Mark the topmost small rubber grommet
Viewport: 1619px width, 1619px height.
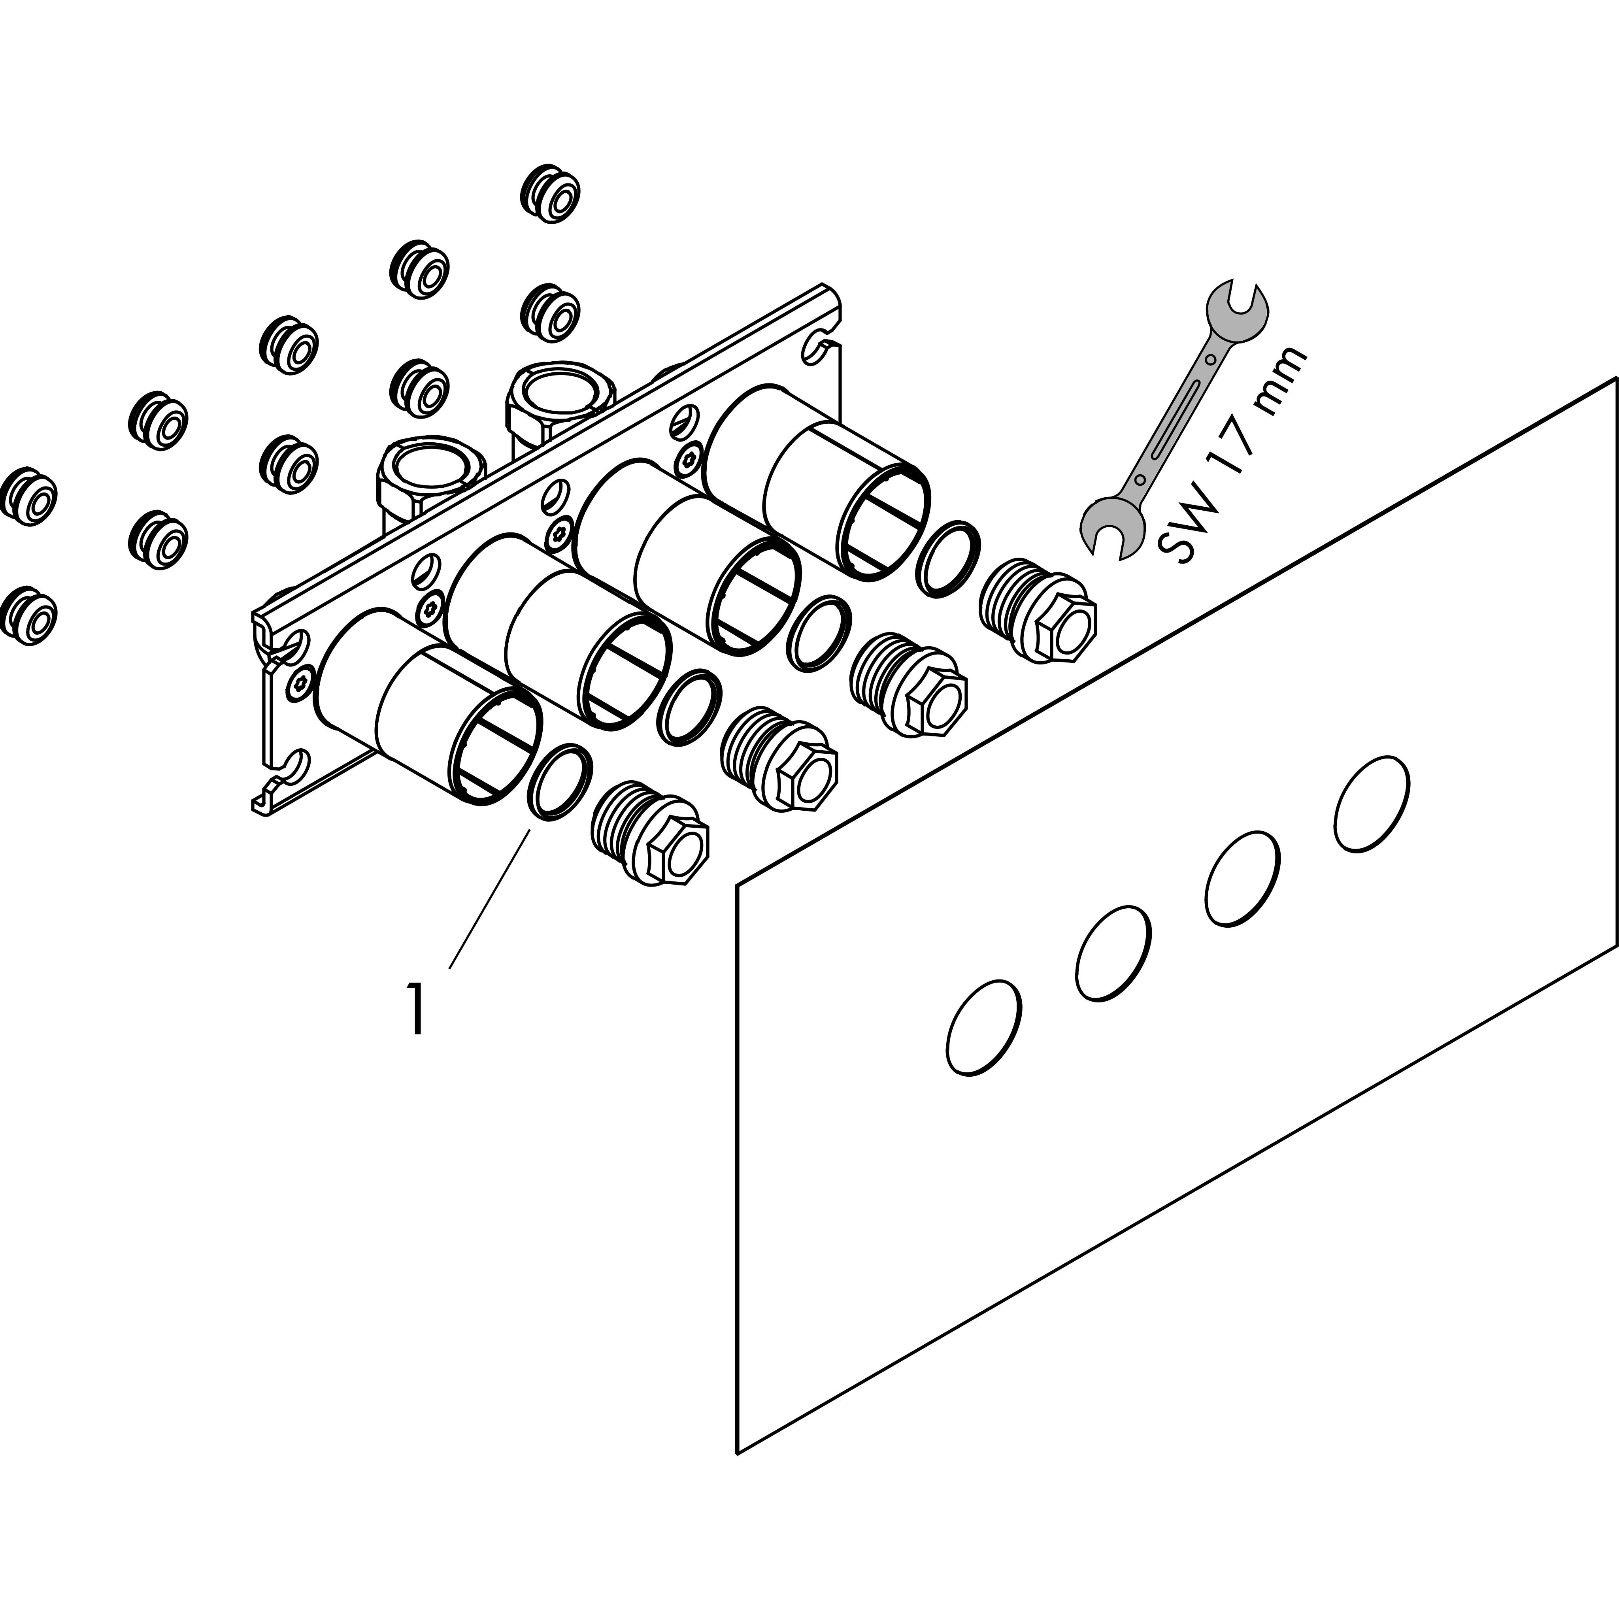(551, 194)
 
